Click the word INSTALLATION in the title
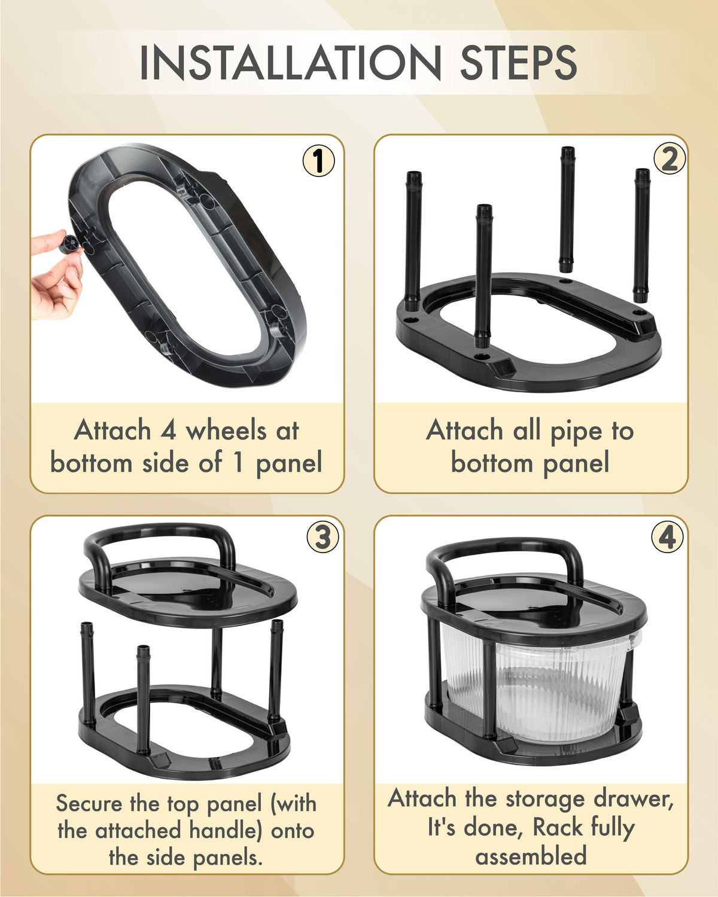[x=290, y=63]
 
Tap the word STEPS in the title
[x=519, y=63]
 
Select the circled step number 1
[x=318, y=160]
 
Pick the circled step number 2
[x=669, y=158]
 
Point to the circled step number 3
[x=323, y=537]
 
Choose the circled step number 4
[x=667, y=538]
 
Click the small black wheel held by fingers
[x=69, y=244]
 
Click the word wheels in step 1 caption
[x=226, y=430]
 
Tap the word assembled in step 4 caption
[x=531, y=856]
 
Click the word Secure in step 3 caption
[x=89, y=803]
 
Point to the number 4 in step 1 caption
[x=168, y=430]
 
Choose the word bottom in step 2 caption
[x=492, y=463]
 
